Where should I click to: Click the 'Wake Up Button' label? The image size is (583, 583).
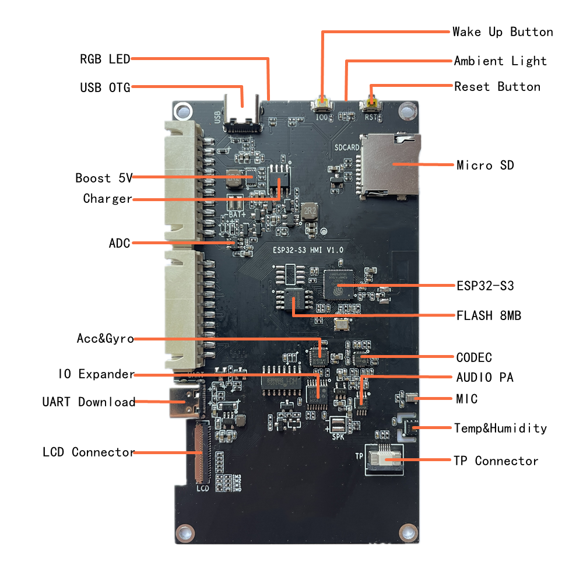pyautogui.click(x=503, y=31)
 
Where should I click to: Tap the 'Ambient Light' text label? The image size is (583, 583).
pyautogui.click(x=500, y=61)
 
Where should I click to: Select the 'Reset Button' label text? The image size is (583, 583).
pyautogui.click(x=497, y=86)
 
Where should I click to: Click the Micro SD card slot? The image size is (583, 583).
pyautogui.click(x=389, y=164)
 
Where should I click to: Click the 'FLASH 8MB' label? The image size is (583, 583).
pyautogui.click(x=489, y=315)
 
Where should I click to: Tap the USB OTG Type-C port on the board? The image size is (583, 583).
pyautogui.click(x=243, y=116)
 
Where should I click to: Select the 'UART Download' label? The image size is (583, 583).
pyautogui.click(x=89, y=402)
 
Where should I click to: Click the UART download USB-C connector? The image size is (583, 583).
pyautogui.click(x=185, y=402)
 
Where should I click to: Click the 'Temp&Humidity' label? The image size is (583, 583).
pyautogui.click(x=500, y=428)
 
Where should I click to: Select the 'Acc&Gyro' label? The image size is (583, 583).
pyautogui.click(x=105, y=338)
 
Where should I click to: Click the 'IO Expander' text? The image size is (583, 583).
pyautogui.click(x=96, y=374)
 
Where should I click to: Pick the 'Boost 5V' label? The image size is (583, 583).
pyautogui.click(x=104, y=178)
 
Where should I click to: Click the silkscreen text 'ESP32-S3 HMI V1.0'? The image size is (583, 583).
pyautogui.click(x=308, y=250)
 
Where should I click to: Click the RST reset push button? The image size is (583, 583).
pyautogui.click(x=371, y=106)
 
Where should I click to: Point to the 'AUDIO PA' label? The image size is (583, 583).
pyautogui.click(x=484, y=377)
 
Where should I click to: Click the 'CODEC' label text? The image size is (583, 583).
pyautogui.click(x=474, y=357)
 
